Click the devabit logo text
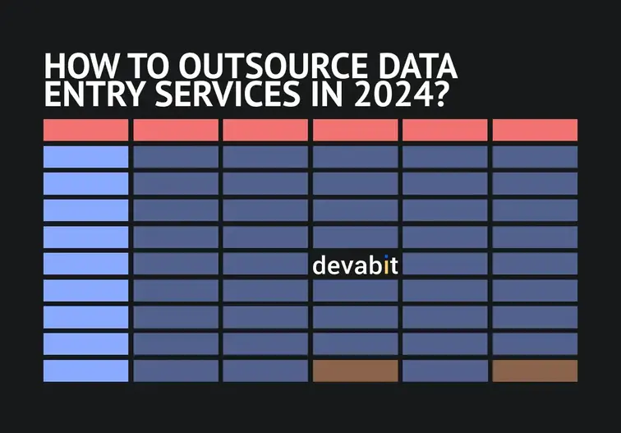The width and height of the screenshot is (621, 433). tap(355, 266)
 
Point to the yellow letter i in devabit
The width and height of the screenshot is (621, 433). tap(385, 265)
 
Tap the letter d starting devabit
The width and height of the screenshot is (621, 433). tap(319, 266)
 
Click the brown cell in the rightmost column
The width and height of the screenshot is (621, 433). tap(535, 371)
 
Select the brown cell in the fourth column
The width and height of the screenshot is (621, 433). tap(355, 371)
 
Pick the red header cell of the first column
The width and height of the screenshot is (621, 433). tap(85, 130)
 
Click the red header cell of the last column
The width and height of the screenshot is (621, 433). tap(535, 130)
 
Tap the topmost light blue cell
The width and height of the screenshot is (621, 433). tap(85, 156)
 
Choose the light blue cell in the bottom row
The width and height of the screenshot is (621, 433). tap(85, 371)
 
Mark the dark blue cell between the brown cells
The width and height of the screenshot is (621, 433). tap(444, 371)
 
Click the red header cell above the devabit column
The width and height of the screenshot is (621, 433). tap(355, 130)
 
